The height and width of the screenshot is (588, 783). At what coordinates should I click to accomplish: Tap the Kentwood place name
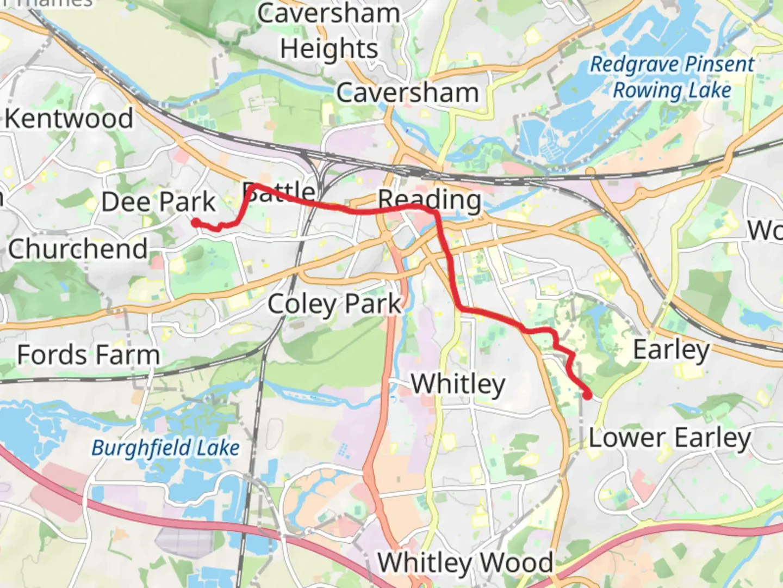[69, 118]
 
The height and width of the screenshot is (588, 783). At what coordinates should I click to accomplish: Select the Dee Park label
[158, 202]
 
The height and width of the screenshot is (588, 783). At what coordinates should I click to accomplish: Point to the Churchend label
[78, 249]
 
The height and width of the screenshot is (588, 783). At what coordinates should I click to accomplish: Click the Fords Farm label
[89, 355]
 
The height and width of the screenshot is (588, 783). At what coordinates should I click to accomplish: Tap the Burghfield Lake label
[165, 448]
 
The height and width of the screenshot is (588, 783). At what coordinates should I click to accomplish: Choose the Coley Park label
[334, 304]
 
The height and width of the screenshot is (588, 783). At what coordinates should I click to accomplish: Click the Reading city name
[430, 200]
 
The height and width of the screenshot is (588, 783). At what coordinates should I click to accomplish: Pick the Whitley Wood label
[465, 562]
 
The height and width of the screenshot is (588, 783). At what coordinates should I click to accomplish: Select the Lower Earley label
[670, 438]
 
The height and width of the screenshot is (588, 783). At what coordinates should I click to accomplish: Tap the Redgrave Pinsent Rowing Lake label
[672, 77]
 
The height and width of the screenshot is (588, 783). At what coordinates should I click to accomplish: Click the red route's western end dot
[195, 222]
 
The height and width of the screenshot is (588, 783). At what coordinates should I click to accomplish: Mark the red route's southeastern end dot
[587, 395]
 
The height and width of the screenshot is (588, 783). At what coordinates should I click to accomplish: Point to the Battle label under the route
[278, 192]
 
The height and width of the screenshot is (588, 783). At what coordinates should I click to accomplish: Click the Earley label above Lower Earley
[672, 350]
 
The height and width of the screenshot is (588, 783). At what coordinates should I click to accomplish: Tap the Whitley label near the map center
[458, 384]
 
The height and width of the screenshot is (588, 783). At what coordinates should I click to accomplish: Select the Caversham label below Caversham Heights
[407, 93]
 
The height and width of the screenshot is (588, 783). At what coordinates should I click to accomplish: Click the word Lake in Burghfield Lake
[217, 448]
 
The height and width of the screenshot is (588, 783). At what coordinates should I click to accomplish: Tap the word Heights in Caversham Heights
[329, 49]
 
